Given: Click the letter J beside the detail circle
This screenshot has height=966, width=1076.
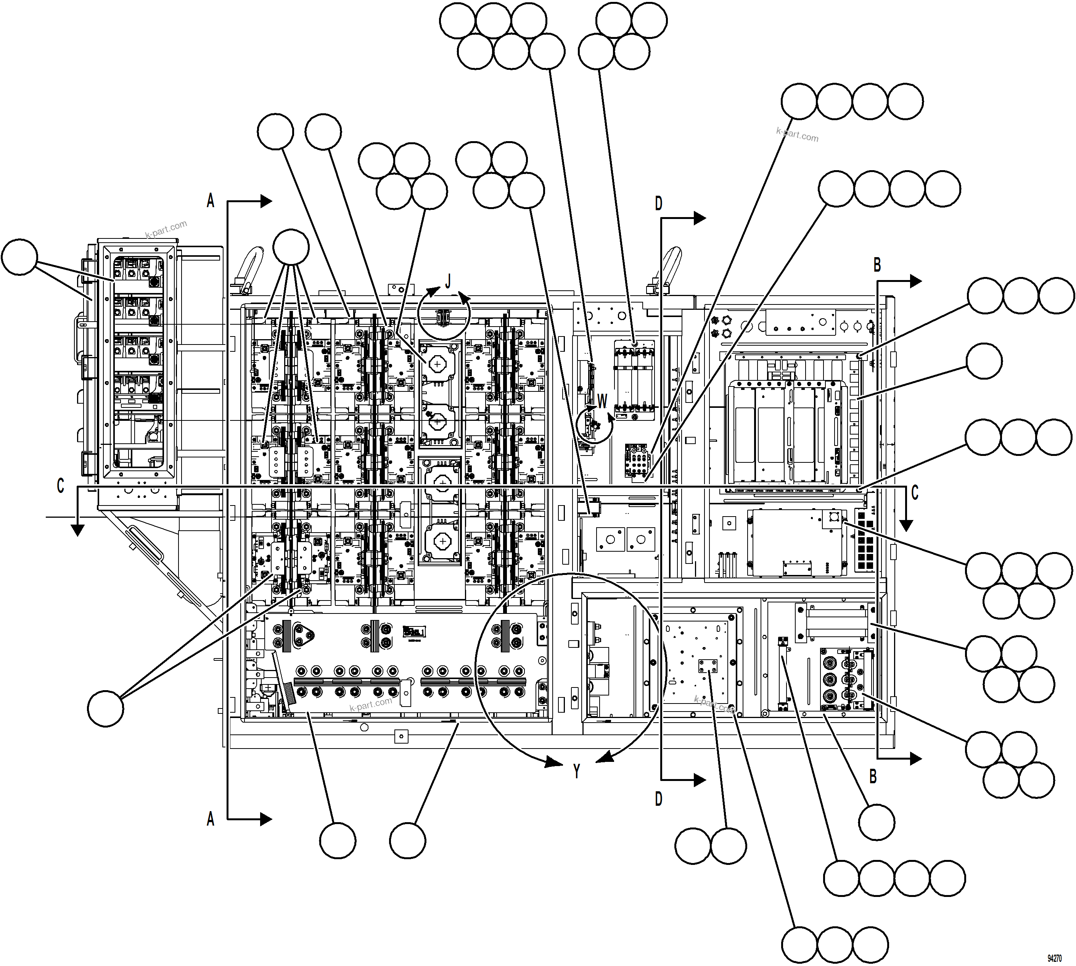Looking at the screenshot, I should point(448,281).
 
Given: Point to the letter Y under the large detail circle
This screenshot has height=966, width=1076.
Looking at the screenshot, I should point(577,771).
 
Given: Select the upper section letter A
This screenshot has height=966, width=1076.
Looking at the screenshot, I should point(211,201).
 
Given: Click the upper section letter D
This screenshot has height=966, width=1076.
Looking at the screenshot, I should point(658,203).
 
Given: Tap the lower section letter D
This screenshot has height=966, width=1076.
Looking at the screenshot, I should point(658,799).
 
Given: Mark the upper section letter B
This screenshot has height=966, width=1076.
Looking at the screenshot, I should point(877,264).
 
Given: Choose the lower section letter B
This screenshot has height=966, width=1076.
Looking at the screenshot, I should point(873,776).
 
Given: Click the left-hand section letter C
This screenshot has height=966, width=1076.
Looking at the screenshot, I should point(61,486).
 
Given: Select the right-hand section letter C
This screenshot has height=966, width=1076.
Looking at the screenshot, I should point(915,493).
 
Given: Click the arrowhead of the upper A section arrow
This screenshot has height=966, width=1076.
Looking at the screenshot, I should point(266,201).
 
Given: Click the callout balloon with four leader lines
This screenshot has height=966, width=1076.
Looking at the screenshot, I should point(291,246).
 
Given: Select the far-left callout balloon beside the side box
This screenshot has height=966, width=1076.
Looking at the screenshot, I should point(19,257).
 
